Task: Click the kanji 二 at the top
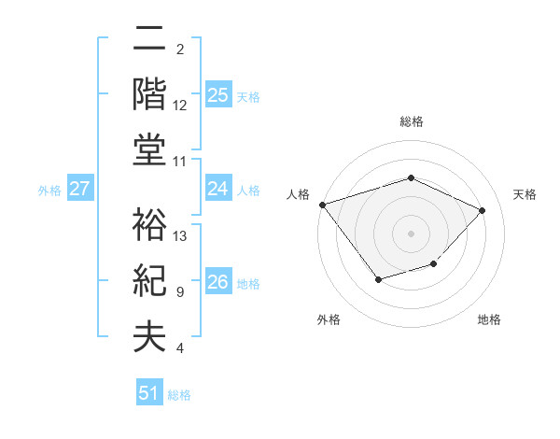(x=149, y=38)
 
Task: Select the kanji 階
(x=149, y=93)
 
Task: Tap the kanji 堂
(x=149, y=149)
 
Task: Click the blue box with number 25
(x=218, y=94)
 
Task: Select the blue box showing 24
(x=218, y=189)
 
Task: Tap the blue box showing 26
(x=218, y=282)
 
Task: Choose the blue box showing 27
(x=80, y=189)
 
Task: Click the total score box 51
(x=149, y=393)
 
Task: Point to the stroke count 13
(x=181, y=235)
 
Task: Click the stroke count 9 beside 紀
(x=179, y=292)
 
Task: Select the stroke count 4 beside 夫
(x=179, y=348)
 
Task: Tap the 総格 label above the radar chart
(x=411, y=121)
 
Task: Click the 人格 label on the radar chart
(x=298, y=193)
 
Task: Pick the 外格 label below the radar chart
(x=329, y=319)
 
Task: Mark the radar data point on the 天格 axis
(x=482, y=210)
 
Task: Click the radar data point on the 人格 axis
(x=323, y=205)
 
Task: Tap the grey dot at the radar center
(x=411, y=233)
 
